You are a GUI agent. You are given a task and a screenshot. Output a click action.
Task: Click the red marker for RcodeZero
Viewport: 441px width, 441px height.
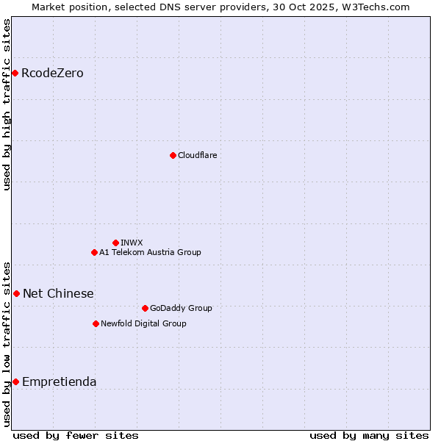tap(15, 73)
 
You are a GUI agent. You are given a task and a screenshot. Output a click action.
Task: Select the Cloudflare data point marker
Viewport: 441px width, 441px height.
tap(173, 155)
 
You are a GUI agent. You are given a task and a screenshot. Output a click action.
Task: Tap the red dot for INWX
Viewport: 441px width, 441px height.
tap(115, 243)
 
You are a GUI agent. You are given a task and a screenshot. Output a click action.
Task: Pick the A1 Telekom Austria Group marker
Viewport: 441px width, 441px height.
tap(94, 252)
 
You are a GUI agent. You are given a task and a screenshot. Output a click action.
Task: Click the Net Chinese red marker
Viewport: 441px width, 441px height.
tap(16, 293)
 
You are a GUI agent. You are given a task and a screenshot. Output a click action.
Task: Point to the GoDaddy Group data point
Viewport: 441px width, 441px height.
tap(145, 308)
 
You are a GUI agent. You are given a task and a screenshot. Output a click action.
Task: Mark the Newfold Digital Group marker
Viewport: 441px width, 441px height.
tap(96, 323)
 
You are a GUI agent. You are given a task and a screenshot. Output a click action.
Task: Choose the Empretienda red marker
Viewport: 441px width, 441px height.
tap(15, 381)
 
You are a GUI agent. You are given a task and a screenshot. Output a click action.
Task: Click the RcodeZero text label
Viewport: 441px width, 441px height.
tap(52, 73)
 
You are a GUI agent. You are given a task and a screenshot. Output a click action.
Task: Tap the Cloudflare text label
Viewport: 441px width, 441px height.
tap(197, 155)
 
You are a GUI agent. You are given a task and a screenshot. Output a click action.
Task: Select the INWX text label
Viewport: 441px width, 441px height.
tap(132, 243)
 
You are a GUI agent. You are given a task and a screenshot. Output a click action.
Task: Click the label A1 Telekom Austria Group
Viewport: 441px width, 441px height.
tap(150, 252)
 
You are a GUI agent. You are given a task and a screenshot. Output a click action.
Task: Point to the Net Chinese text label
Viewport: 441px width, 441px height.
tap(58, 293)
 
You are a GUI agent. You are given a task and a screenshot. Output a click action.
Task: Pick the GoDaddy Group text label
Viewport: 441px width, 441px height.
tap(181, 308)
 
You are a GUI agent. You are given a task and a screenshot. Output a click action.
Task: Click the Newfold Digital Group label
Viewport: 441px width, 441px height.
tap(143, 323)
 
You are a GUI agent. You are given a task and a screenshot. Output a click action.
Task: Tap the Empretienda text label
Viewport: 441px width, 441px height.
tap(59, 381)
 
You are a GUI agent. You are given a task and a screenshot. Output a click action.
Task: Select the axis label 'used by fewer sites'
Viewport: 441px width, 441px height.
tap(76, 435)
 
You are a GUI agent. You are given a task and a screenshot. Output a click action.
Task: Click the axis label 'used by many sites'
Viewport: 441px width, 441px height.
tap(369, 435)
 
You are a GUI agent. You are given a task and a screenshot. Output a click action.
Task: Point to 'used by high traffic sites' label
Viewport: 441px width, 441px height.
tap(7, 104)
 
